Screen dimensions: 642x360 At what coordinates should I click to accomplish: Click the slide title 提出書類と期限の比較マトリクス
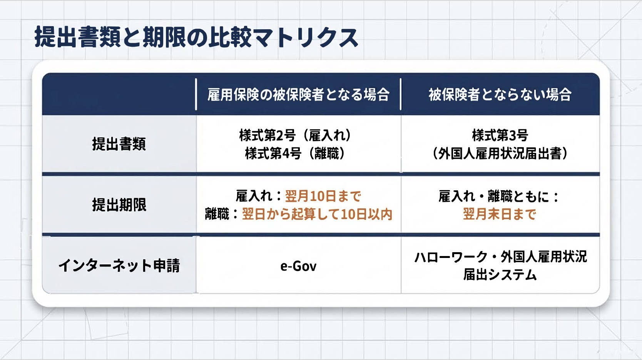[196, 37]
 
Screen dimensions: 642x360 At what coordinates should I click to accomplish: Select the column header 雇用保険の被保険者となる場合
[298, 95]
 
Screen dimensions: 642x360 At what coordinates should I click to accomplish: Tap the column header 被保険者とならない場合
[500, 95]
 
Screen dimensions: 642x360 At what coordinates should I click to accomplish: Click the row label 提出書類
[119, 144]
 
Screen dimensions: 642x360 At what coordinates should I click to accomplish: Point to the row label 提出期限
[119, 205]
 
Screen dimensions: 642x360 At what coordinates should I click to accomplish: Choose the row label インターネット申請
[119, 265]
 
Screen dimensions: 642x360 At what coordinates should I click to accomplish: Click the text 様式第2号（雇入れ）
[295, 135]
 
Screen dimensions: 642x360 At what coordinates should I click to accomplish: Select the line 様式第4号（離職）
[295, 153]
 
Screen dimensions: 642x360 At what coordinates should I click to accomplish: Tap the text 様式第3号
[500, 135]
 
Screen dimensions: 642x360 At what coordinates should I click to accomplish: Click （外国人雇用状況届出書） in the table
[500, 153]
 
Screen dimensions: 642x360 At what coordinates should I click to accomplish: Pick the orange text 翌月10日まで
[323, 196]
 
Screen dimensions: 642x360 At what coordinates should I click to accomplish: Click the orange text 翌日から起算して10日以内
[317, 214]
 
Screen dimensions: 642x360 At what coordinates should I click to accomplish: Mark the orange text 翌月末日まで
[500, 214]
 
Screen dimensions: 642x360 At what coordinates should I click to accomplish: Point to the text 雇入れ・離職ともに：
[499, 196]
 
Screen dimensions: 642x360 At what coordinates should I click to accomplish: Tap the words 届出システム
[500, 275]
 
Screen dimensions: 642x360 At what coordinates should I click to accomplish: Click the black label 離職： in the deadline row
[222, 214]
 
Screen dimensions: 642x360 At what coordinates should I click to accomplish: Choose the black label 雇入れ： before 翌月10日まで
[259, 196]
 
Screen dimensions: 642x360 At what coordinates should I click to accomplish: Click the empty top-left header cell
[119, 94]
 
